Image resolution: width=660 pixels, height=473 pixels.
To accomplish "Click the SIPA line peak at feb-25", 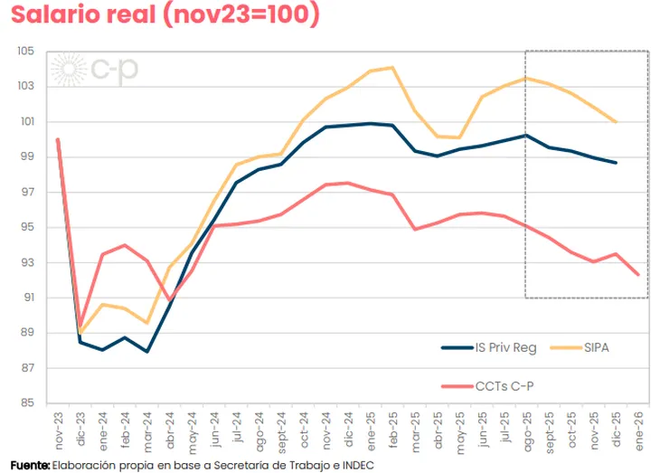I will pos(391,67).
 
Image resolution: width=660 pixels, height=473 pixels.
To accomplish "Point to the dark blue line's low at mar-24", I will pos(146,352).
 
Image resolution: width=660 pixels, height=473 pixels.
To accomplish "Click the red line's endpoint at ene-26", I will pos(638,275).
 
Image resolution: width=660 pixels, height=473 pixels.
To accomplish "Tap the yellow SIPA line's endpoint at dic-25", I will pos(616,122).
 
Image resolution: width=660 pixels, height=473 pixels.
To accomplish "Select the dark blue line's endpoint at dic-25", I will pos(616,163).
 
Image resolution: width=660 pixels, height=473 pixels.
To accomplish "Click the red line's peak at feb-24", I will pos(125,245).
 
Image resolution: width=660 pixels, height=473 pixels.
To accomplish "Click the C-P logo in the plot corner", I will pos(96,70).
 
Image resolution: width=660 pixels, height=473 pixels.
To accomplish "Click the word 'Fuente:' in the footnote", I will pos(30,464).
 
